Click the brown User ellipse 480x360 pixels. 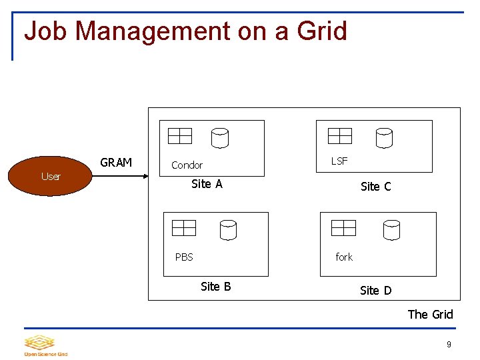(51, 176)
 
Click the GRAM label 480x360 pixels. (116, 163)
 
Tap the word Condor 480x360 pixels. (187, 165)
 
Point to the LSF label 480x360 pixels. (339, 161)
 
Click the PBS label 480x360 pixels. (184, 257)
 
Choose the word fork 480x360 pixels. (344, 257)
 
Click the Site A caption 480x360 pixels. (207, 184)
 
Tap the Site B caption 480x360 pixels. (215, 287)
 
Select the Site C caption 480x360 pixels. (375, 187)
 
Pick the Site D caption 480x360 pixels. (375, 291)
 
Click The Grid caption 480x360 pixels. (430, 315)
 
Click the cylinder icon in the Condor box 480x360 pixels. (220, 138)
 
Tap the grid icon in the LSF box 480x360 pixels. (340, 136)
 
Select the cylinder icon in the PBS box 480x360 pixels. (228, 230)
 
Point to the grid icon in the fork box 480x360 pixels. (344, 228)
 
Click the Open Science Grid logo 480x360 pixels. (45, 345)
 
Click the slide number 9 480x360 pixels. (449, 345)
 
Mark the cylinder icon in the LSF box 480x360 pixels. (384, 138)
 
